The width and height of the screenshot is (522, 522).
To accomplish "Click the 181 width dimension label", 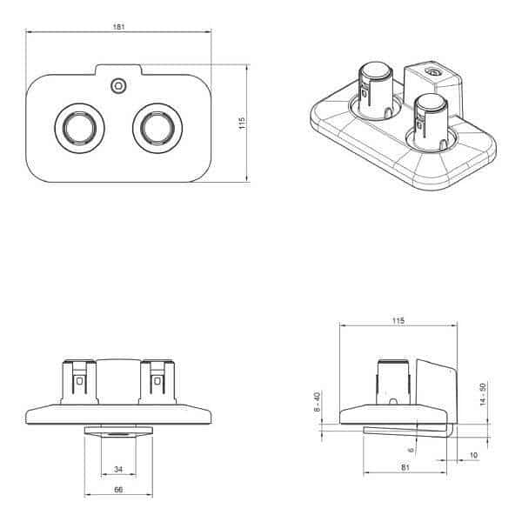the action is coord(118,27).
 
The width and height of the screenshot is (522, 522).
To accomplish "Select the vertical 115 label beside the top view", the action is coord(242,123).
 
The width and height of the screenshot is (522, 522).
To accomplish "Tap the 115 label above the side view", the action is coord(398,320).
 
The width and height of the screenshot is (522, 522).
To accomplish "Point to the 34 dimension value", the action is coord(118,469).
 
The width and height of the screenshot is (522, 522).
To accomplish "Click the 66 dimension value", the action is coord(118,490).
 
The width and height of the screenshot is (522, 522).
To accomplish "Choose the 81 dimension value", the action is coord(405,467).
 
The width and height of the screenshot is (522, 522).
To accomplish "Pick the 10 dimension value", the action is coord(474,455).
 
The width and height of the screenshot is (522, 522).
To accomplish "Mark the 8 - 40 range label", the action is coord(317,402).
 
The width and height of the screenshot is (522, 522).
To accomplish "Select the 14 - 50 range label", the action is coord(483,394).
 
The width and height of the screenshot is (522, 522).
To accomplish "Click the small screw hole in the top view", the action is coord(118,86).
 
